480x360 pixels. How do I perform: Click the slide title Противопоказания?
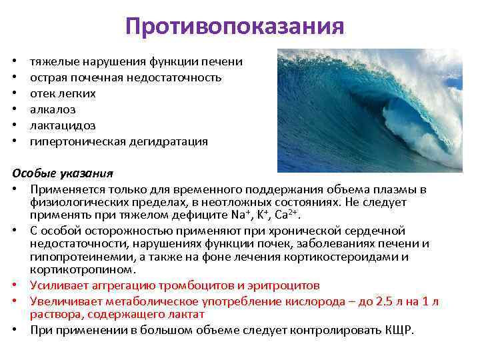tap(235, 27)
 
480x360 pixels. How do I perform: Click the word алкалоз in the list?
tap(53, 109)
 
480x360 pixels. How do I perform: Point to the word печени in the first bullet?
tap(223, 61)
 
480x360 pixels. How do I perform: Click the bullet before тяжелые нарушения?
tap(15, 61)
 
